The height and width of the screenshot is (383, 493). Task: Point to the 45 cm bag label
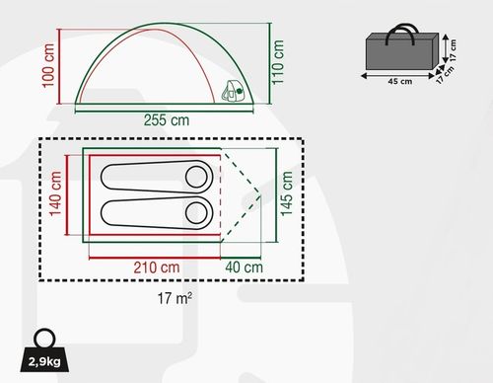click(397, 81)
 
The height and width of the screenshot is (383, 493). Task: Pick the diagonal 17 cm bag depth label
click(445, 76)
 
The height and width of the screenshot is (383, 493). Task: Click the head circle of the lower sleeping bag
click(196, 211)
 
